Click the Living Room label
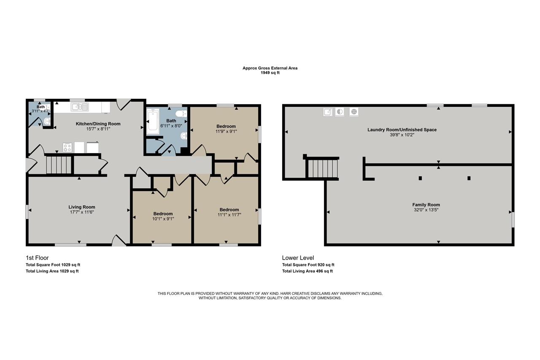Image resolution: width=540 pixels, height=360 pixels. [82, 207]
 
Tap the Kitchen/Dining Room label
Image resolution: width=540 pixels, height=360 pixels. [98, 124]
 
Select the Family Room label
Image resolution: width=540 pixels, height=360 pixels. [426, 205]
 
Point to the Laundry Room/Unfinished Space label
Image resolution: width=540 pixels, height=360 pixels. [402, 130]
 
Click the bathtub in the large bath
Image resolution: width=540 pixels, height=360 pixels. [153, 122]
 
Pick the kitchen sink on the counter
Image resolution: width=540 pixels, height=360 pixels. [80, 107]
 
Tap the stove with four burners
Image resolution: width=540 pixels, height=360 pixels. [67, 147]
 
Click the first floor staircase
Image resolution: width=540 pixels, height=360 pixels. [59, 165]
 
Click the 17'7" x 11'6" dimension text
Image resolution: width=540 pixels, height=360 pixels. [82, 212]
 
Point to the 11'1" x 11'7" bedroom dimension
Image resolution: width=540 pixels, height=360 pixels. [229, 214]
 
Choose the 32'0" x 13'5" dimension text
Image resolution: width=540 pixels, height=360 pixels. [426, 210]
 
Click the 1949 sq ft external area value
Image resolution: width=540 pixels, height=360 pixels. [270, 73]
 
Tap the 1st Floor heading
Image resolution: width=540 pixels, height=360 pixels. [38, 258]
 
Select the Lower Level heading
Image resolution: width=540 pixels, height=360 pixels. [298, 258]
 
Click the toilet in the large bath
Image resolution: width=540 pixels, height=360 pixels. [181, 114]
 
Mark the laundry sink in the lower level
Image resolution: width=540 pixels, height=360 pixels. [328, 112]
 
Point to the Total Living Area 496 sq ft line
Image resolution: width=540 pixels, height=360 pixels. [308, 271]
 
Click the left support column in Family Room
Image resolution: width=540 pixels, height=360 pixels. [420, 178]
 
